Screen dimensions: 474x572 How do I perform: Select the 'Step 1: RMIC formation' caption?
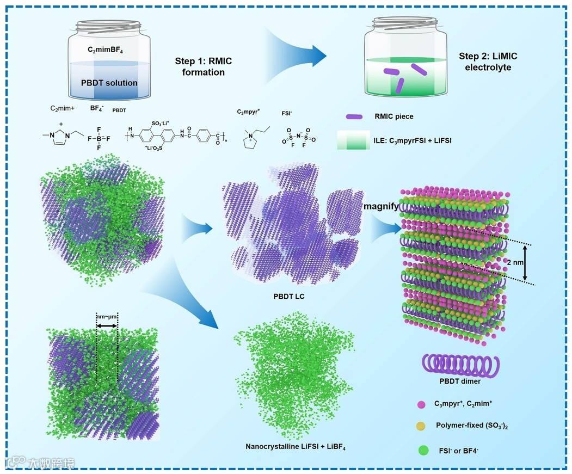(203, 67)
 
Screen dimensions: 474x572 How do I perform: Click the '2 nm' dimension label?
(515, 262)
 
